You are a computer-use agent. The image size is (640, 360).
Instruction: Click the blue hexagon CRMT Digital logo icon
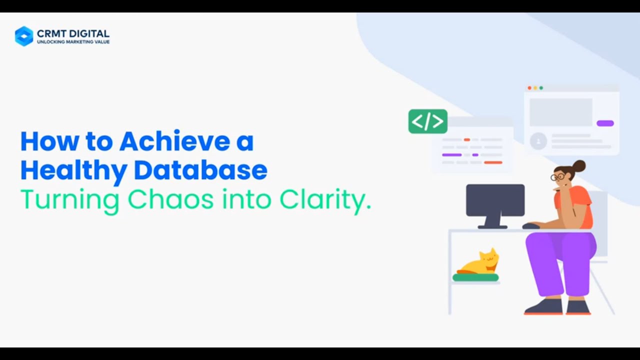(x=24, y=36)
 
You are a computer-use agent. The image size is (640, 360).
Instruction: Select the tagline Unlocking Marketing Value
(x=73, y=42)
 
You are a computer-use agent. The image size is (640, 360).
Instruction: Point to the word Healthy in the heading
(x=73, y=170)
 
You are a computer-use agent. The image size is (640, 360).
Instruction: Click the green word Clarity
(x=325, y=200)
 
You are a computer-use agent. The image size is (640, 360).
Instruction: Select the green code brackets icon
(x=428, y=121)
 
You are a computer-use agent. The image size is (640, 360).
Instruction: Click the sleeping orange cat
(x=480, y=263)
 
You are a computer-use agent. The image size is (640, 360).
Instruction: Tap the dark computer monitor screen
(x=495, y=200)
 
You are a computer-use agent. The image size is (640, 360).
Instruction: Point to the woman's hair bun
(x=579, y=165)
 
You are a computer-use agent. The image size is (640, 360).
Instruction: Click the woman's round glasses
(x=557, y=176)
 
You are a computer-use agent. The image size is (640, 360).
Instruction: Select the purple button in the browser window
(x=605, y=123)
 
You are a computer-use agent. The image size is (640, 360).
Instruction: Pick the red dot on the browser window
(x=529, y=88)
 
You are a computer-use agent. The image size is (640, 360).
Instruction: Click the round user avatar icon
(x=538, y=141)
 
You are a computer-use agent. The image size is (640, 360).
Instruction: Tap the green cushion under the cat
(x=475, y=277)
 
